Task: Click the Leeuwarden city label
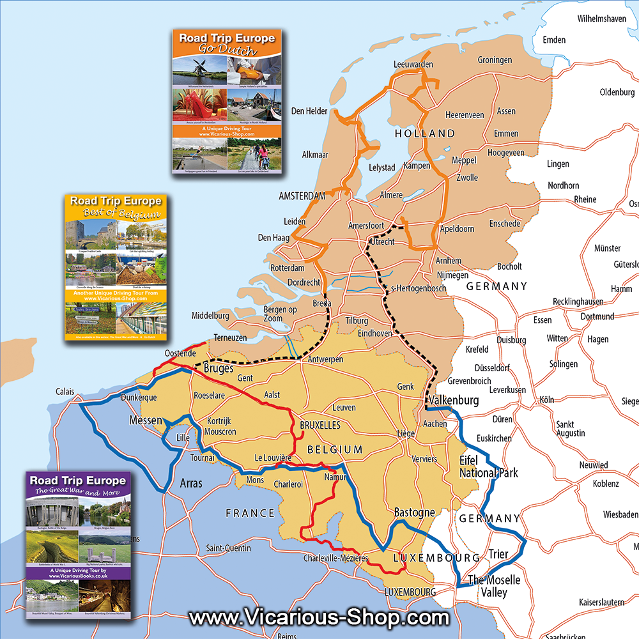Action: coord(413,65)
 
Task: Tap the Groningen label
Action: coord(495,60)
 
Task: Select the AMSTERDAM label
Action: coord(302,196)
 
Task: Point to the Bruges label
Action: coord(219,369)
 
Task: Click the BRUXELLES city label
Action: coord(319,425)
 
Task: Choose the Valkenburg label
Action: coord(454,401)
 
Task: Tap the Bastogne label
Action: coord(414,512)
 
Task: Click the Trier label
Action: coord(498,554)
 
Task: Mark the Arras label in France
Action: coord(191,483)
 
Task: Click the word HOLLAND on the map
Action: coord(425,134)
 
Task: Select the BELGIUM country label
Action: coord(335,450)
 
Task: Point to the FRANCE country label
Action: coord(250,513)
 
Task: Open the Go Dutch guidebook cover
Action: coord(227,100)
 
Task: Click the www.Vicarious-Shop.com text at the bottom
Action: coord(319,618)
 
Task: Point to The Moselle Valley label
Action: coord(495,586)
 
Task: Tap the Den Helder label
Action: coord(309,111)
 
